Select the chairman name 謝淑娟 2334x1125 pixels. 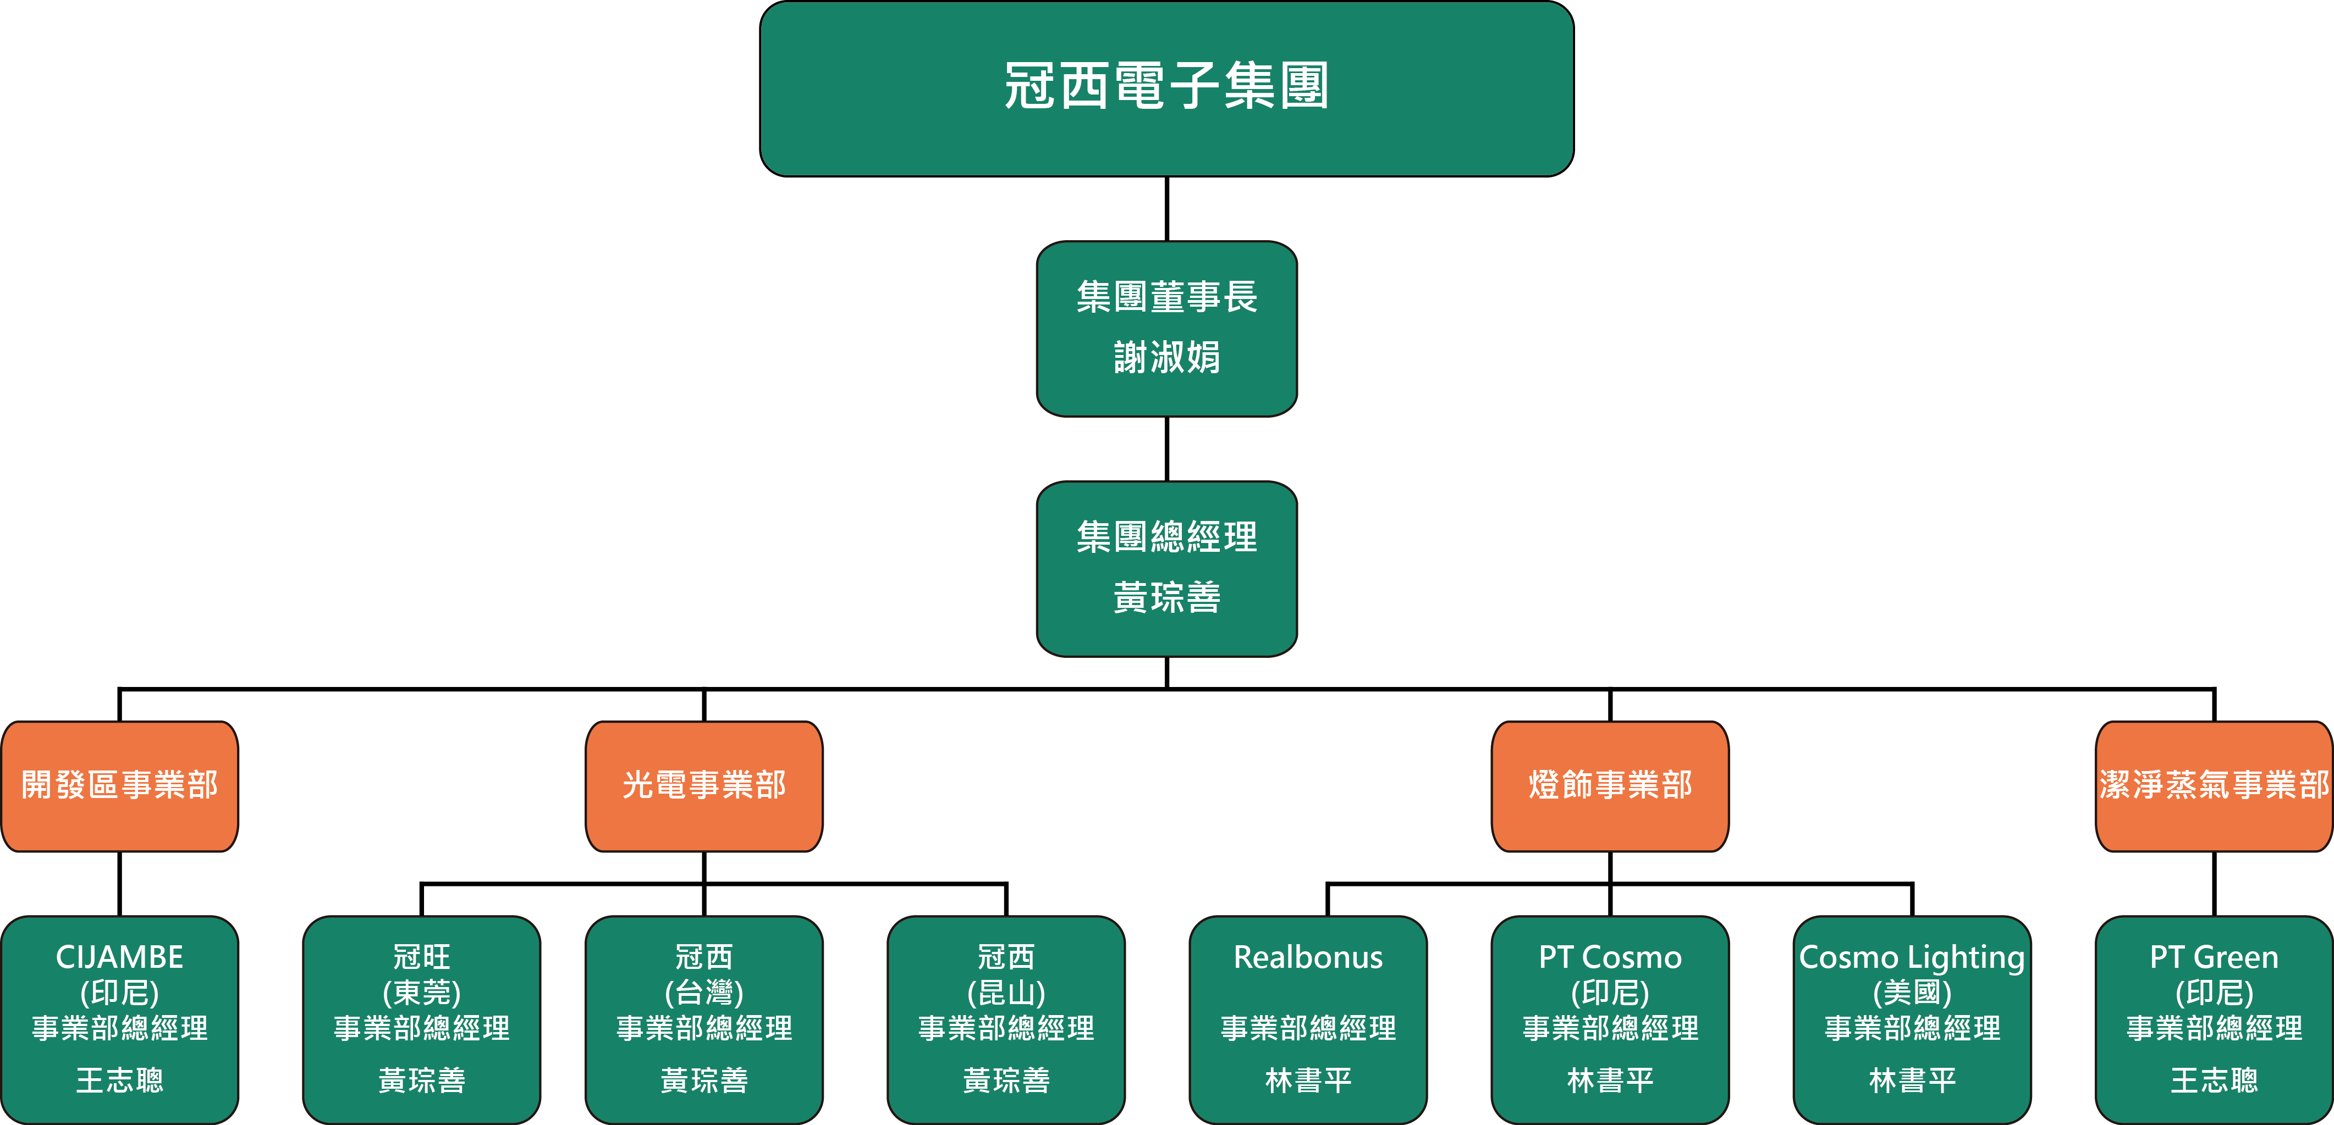click(1167, 357)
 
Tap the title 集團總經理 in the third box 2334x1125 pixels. click(1167, 537)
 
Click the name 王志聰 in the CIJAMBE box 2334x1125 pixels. click(119, 1080)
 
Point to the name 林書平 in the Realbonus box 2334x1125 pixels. click(1308, 1080)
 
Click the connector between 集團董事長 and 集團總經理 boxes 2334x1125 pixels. click(1167, 449)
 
